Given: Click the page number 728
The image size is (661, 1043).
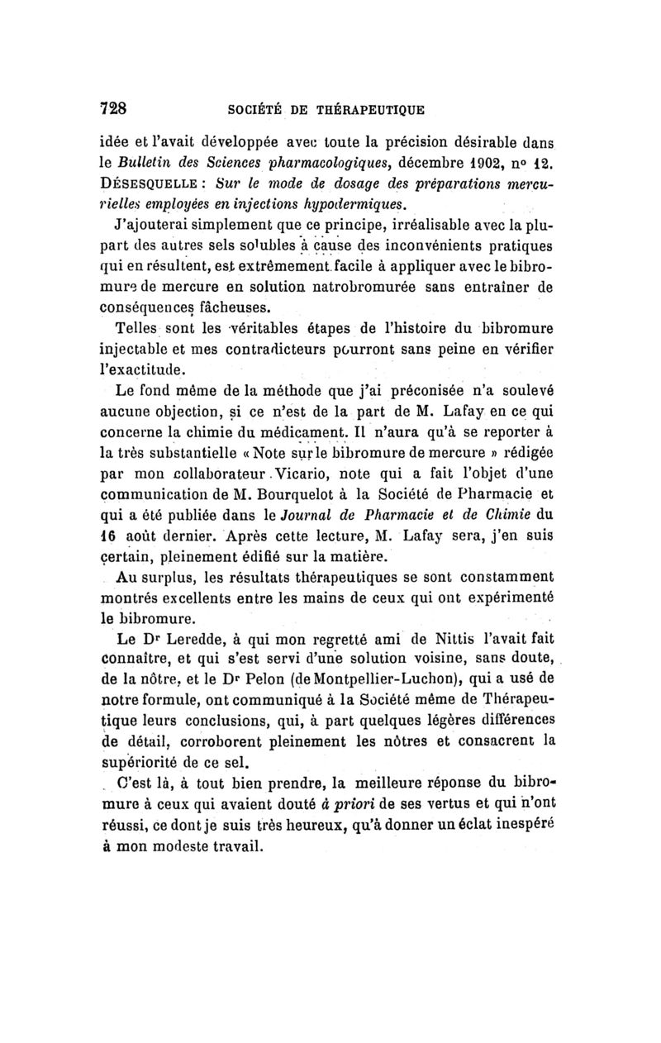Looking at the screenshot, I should pyautogui.click(x=112, y=107).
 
